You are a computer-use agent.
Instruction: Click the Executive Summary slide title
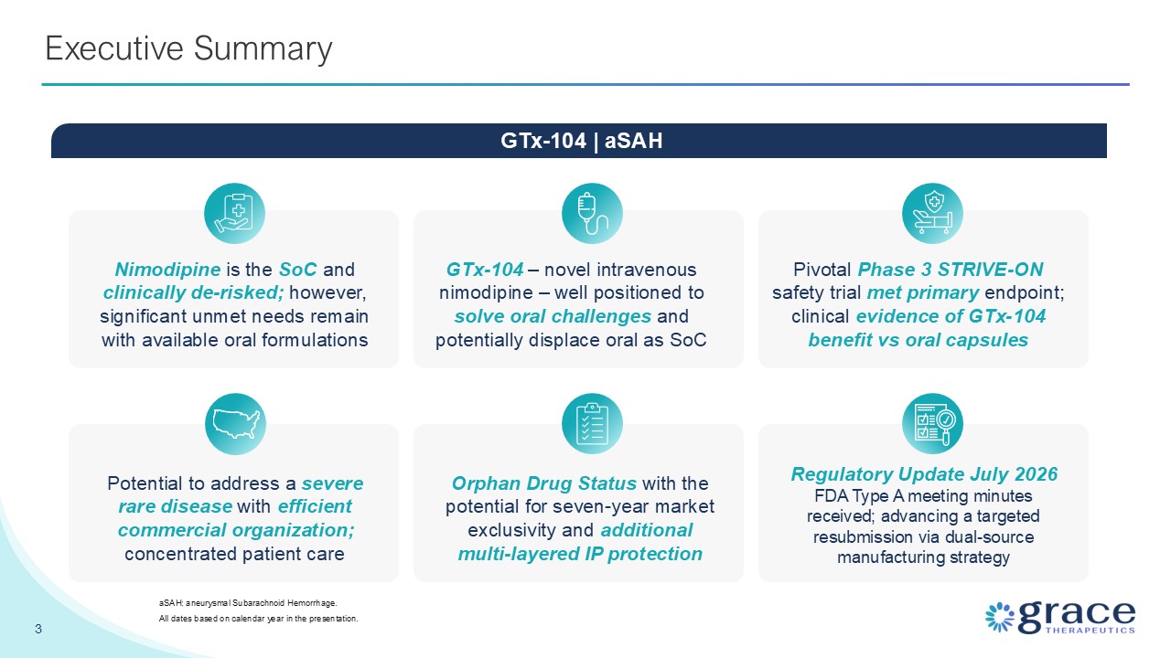[x=188, y=48]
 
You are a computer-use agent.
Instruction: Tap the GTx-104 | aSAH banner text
[x=581, y=141]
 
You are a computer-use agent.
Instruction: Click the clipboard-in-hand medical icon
[x=234, y=213]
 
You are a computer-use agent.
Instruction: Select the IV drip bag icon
[x=592, y=213]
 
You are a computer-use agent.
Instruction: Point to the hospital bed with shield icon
[x=932, y=213]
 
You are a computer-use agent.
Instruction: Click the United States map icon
[x=235, y=423]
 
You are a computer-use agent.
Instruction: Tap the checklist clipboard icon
[x=592, y=423]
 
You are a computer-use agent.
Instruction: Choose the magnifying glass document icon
[x=932, y=423]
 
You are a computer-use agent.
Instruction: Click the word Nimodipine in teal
[x=167, y=270]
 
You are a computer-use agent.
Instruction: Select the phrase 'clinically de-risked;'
[x=193, y=293]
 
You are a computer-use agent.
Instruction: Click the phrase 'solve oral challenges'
[x=553, y=316]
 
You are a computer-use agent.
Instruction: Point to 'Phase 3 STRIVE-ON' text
[x=951, y=270]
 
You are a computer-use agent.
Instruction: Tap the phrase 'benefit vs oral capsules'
[x=918, y=340]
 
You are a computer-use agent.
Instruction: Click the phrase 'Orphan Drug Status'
[x=544, y=483]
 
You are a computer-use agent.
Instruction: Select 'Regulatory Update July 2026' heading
[x=924, y=474]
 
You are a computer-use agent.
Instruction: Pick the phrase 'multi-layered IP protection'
[x=580, y=554]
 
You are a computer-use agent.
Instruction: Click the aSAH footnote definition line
[x=248, y=603]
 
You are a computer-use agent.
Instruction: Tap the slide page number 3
[x=38, y=629]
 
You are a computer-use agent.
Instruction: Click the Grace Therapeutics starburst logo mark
[x=1000, y=617]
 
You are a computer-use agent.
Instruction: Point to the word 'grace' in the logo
[x=1077, y=617]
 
